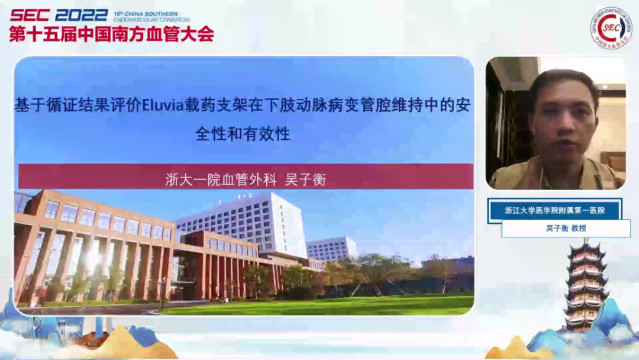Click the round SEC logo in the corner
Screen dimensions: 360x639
[x=610, y=28]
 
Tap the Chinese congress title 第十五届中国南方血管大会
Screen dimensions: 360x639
[x=111, y=34]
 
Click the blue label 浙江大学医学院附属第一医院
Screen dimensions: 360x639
[x=554, y=210]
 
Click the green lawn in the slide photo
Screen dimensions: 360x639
[x=331, y=305]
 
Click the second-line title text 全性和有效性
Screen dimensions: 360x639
[x=243, y=134]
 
